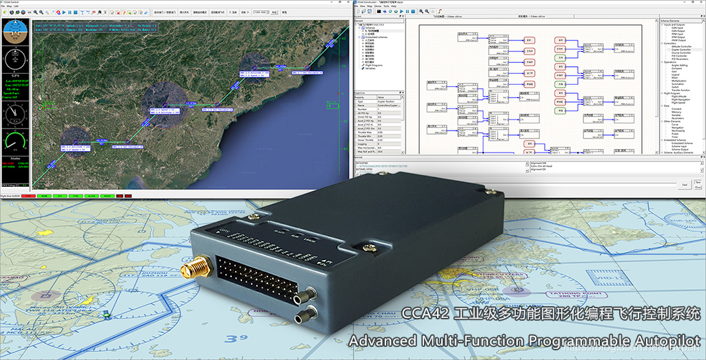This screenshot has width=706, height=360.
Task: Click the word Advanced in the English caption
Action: pyautogui.click(x=382, y=341)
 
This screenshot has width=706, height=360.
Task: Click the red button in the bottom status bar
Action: pyautogui.click(x=28, y=196)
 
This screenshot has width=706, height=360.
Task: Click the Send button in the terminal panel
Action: pyautogui.click(x=684, y=185)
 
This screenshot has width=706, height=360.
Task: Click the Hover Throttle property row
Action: pyautogui.click(x=365, y=141)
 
